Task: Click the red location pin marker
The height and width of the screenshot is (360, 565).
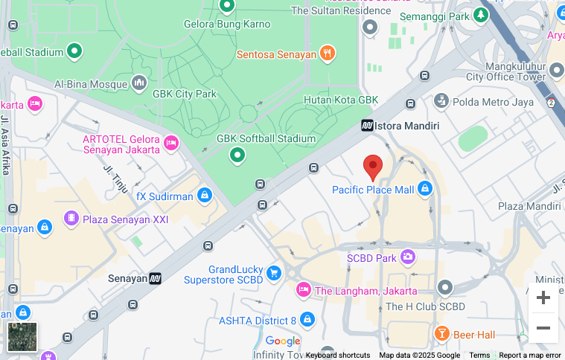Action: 373,167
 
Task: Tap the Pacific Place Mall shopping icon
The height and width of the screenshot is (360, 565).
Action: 425,189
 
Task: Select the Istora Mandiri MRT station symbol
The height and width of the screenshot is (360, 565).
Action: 367,126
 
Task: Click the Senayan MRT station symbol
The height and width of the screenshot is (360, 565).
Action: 155,278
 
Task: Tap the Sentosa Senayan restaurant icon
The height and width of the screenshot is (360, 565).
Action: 327,54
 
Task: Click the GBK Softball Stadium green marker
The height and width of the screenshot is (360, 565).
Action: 237,155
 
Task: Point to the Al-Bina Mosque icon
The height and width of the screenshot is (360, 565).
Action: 139,83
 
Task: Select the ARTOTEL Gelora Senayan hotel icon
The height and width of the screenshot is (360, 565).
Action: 172,142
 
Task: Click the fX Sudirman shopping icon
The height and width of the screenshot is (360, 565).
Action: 204,196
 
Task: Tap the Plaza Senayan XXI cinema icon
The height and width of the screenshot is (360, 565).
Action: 71,219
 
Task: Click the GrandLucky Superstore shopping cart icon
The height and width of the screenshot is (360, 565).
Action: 274,273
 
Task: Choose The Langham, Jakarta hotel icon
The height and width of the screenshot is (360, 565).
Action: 303,290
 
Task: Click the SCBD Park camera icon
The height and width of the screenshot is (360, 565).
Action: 407,257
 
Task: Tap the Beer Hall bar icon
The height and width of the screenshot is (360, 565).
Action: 441,334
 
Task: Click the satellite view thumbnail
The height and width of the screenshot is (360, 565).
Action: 22,336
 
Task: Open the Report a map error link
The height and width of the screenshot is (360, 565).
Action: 529,355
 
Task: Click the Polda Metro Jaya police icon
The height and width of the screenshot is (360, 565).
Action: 441,100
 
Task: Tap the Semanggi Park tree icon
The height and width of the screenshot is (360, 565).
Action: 482,15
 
